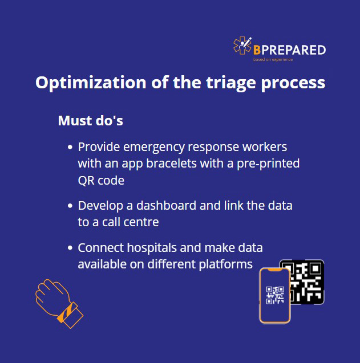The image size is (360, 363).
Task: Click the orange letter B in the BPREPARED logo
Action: (x=257, y=50)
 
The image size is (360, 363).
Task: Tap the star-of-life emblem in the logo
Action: (x=242, y=46)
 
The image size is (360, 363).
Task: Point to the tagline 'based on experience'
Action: (x=273, y=59)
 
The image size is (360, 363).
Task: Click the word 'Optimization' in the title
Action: (x=91, y=83)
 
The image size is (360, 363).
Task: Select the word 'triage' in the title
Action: (x=231, y=83)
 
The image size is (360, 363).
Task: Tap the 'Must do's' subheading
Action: (x=90, y=120)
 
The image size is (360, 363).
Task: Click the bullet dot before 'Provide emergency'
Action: (x=70, y=147)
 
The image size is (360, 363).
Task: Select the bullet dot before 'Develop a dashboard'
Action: (x=70, y=206)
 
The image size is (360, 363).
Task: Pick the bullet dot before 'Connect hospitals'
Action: (x=70, y=248)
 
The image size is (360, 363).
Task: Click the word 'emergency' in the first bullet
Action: (x=154, y=148)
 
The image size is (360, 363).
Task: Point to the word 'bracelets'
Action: (x=171, y=163)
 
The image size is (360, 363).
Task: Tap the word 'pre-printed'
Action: (x=268, y=164)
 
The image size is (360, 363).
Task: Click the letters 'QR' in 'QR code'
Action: (x=86, y=181)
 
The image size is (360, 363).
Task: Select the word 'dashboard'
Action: (x=166, y=205)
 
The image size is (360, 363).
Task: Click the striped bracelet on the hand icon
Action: (x=67, y=312)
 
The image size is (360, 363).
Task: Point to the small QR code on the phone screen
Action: (x=275, y=295)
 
